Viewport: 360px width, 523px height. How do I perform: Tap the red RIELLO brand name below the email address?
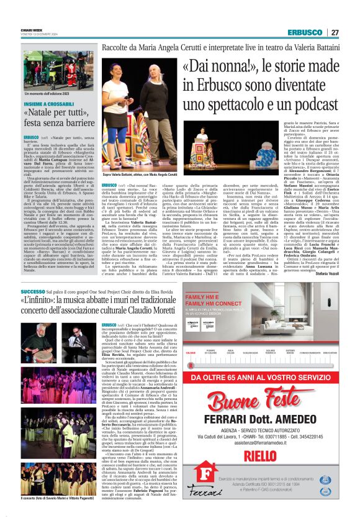pyautogui.click(x=260, y=457)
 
